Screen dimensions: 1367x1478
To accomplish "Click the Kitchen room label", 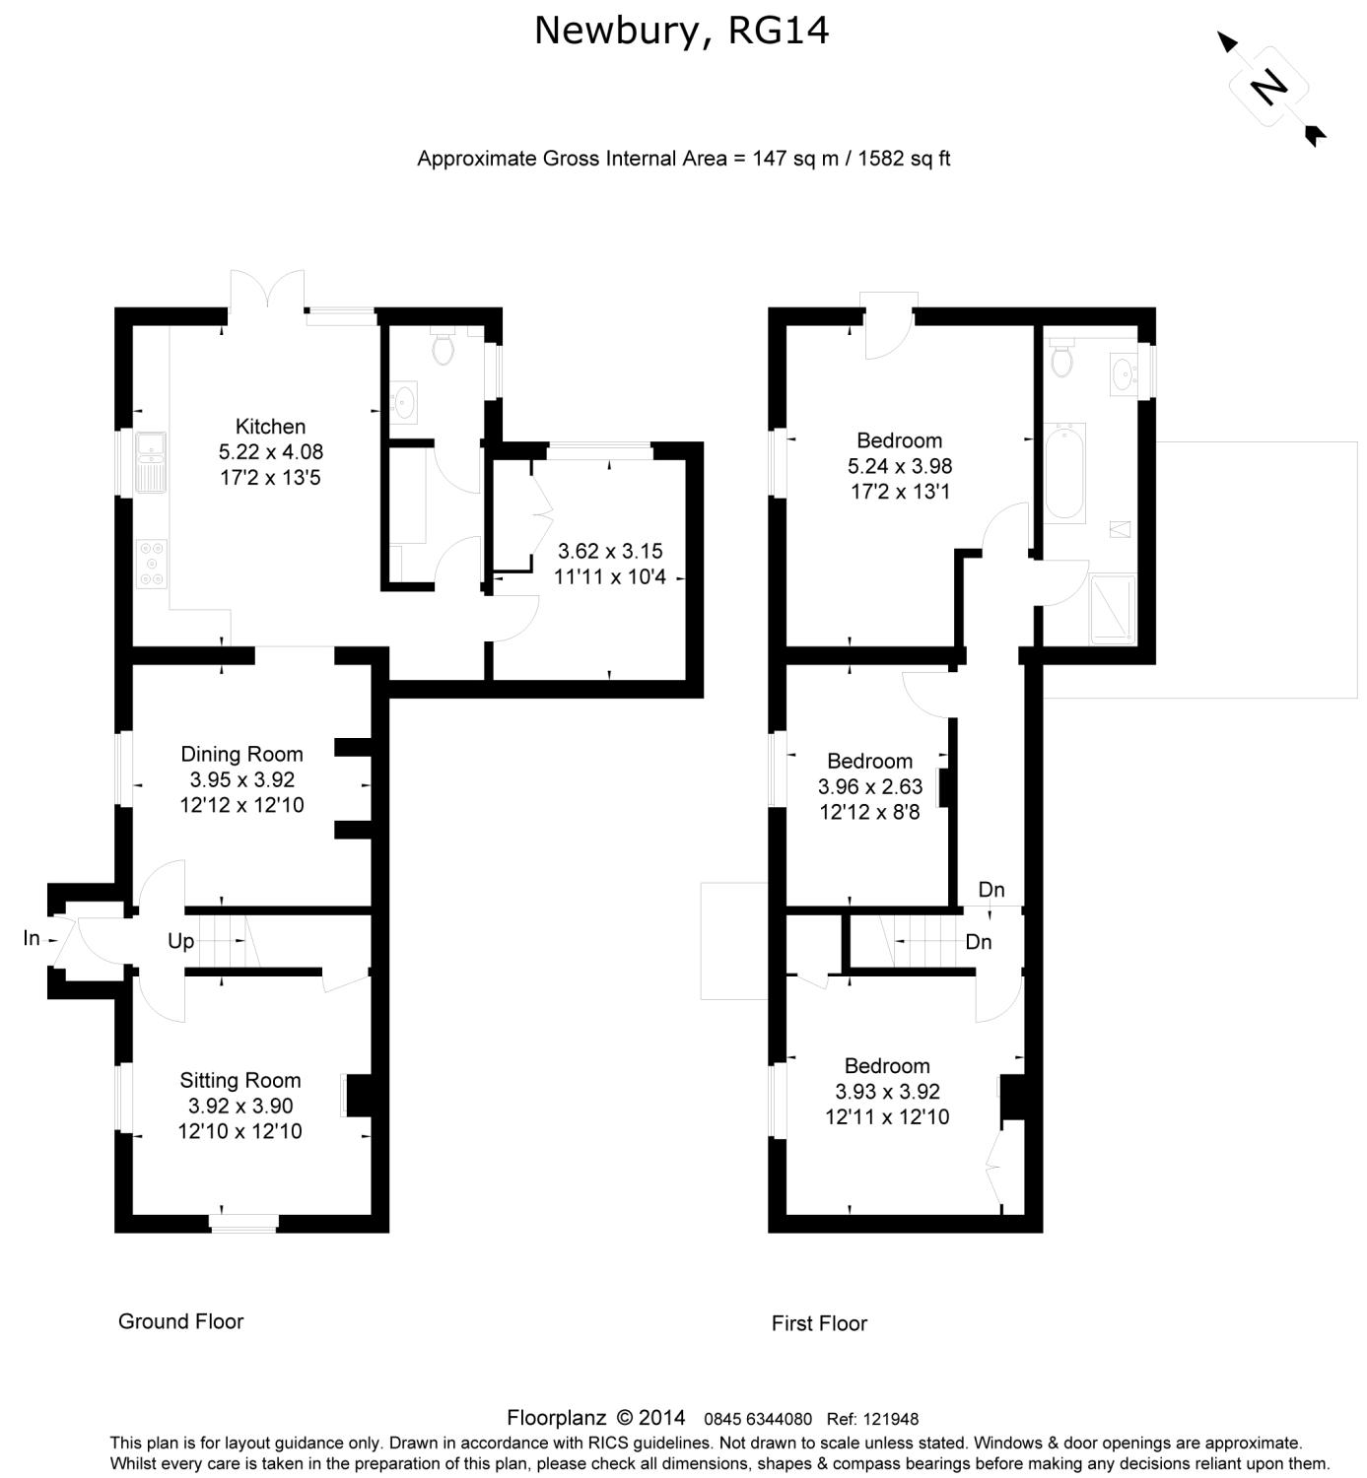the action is pyautogui.click(x=270, y=427).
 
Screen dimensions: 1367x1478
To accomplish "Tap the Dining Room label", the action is pyautogui.click(x=242, y=754).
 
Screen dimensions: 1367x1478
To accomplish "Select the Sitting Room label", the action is pyautogui.click(x=240, y=1080).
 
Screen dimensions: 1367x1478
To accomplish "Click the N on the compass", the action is pyautogui.click(x=1268, y=87).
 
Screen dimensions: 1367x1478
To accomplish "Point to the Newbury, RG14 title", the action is pyautogui.click(x=681, y=32).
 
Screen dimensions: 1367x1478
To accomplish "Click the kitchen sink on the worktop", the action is pyautogui.click(x=151, y=462).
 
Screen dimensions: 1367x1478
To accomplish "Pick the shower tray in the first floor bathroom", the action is pyautogui.click(x=1113, y=609).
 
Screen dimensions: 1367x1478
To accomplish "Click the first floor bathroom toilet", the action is pyautogui.click(x=1061, y=358).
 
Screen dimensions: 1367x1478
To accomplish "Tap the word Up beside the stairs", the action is pyautogui.click(x=181, y=941).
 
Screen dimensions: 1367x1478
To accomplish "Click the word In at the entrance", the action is pyautogui.click(x=32, y=938).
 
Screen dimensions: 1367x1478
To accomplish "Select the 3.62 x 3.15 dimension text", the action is pyautogui.click(x=610, y=551).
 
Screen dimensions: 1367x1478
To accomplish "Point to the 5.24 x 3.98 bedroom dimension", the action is pyautogui.click(x=900, y=466).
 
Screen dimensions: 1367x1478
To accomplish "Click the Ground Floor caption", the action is pyautogui.click(x=181, y=1321).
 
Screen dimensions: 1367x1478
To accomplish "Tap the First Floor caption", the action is pyautogui.click(x=820, y=1323).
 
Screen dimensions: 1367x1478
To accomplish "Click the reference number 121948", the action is pyautogui.click(x=892, y=1419).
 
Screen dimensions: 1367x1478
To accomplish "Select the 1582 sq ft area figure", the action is pyautogui.click(x=904, y=159).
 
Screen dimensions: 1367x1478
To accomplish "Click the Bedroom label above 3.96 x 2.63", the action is pyautogui.click(x=869, y=761).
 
